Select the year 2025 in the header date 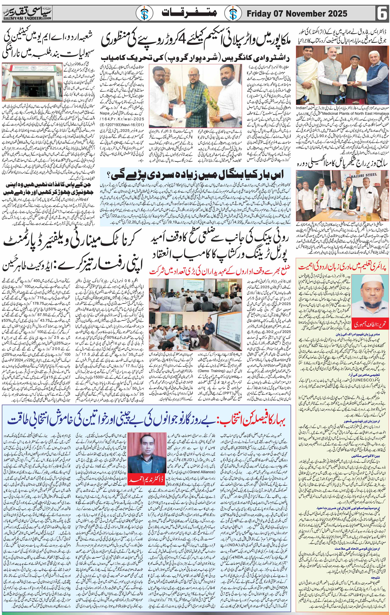(x=335, y=13)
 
